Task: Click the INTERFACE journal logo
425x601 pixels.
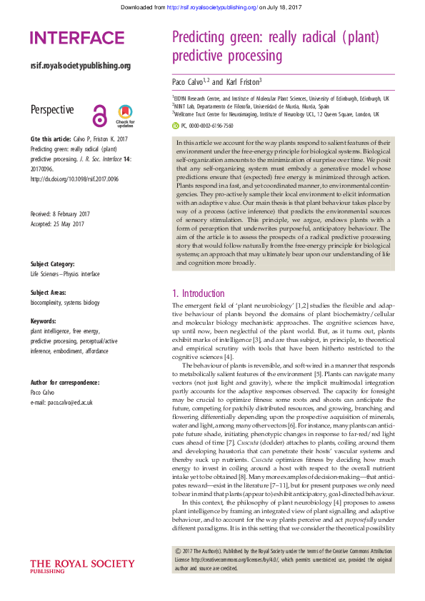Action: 77,38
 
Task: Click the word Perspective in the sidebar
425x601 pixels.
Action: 52,109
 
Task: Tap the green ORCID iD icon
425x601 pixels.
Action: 176,125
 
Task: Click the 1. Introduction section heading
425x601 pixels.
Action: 201,293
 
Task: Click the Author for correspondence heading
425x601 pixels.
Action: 65,383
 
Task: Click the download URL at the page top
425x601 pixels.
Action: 211,7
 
